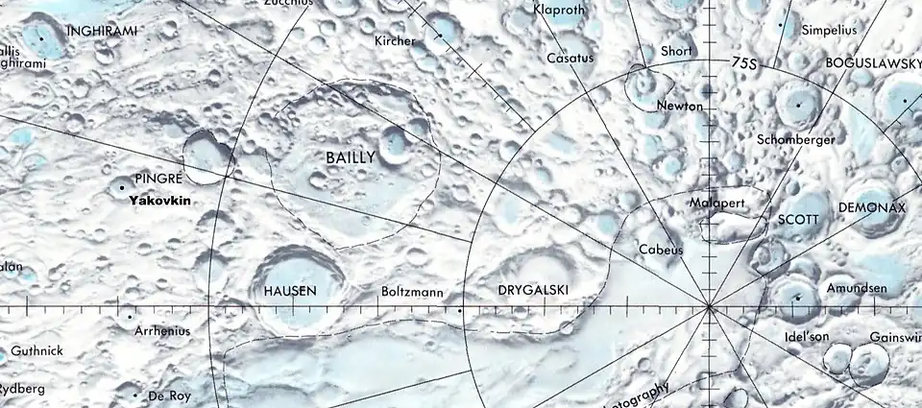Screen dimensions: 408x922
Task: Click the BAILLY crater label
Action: pos(351,156)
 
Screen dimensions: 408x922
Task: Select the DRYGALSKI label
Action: pos(535,289)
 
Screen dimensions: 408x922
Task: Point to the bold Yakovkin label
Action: pos(161,201)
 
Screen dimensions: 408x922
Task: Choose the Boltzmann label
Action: pos(412,289)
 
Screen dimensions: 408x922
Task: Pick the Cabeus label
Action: pos(661,250)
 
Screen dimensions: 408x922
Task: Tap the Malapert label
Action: pos(717,204)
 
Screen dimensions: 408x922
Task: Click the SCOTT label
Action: pos(798,219)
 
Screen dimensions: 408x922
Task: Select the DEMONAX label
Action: pos(871,207)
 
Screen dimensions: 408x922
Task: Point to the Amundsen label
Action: pos(850,288)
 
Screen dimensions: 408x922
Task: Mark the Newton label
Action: pos(680,106)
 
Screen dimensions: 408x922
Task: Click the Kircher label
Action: pos(395,41)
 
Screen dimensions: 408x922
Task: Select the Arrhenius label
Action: pos(163,331)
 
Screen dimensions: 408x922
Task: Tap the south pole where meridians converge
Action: pos(709,307)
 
